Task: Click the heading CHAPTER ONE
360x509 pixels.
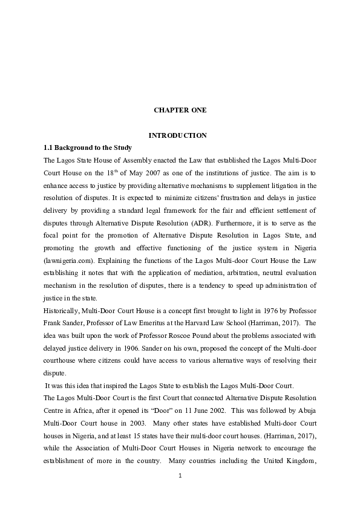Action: point(180,110)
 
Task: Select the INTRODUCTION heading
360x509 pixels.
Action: point(178,135)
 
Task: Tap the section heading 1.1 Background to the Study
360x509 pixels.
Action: point(87,148)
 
